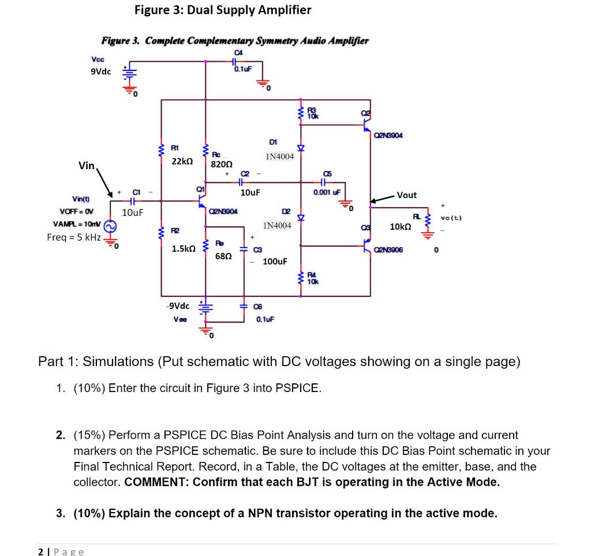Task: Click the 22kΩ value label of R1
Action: tap(182, 162)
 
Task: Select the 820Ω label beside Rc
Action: tap(222, 164)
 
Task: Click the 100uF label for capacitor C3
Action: tap(275, 262)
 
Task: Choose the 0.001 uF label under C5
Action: tap(327, 192)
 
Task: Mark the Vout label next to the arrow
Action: tap(407, 195)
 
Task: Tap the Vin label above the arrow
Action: tap(87, 166)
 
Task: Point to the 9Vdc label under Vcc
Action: tap(100, 72)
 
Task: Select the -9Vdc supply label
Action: tap(177, 305)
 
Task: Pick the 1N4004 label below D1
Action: tap(279, 156)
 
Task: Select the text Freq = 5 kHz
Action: tap(74, 237)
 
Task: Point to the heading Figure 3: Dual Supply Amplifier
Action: tap(223, 10)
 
